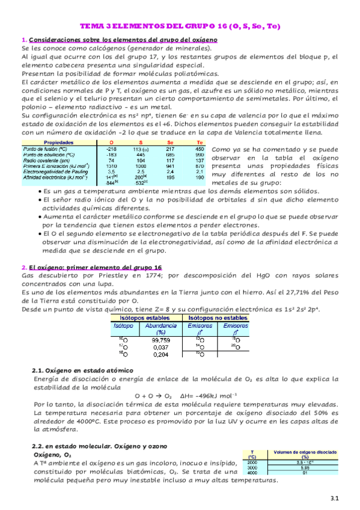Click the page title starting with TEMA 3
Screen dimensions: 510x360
point(180,26)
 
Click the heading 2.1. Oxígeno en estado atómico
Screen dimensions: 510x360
point(82,370)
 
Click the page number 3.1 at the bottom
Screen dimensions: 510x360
point(335,497)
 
